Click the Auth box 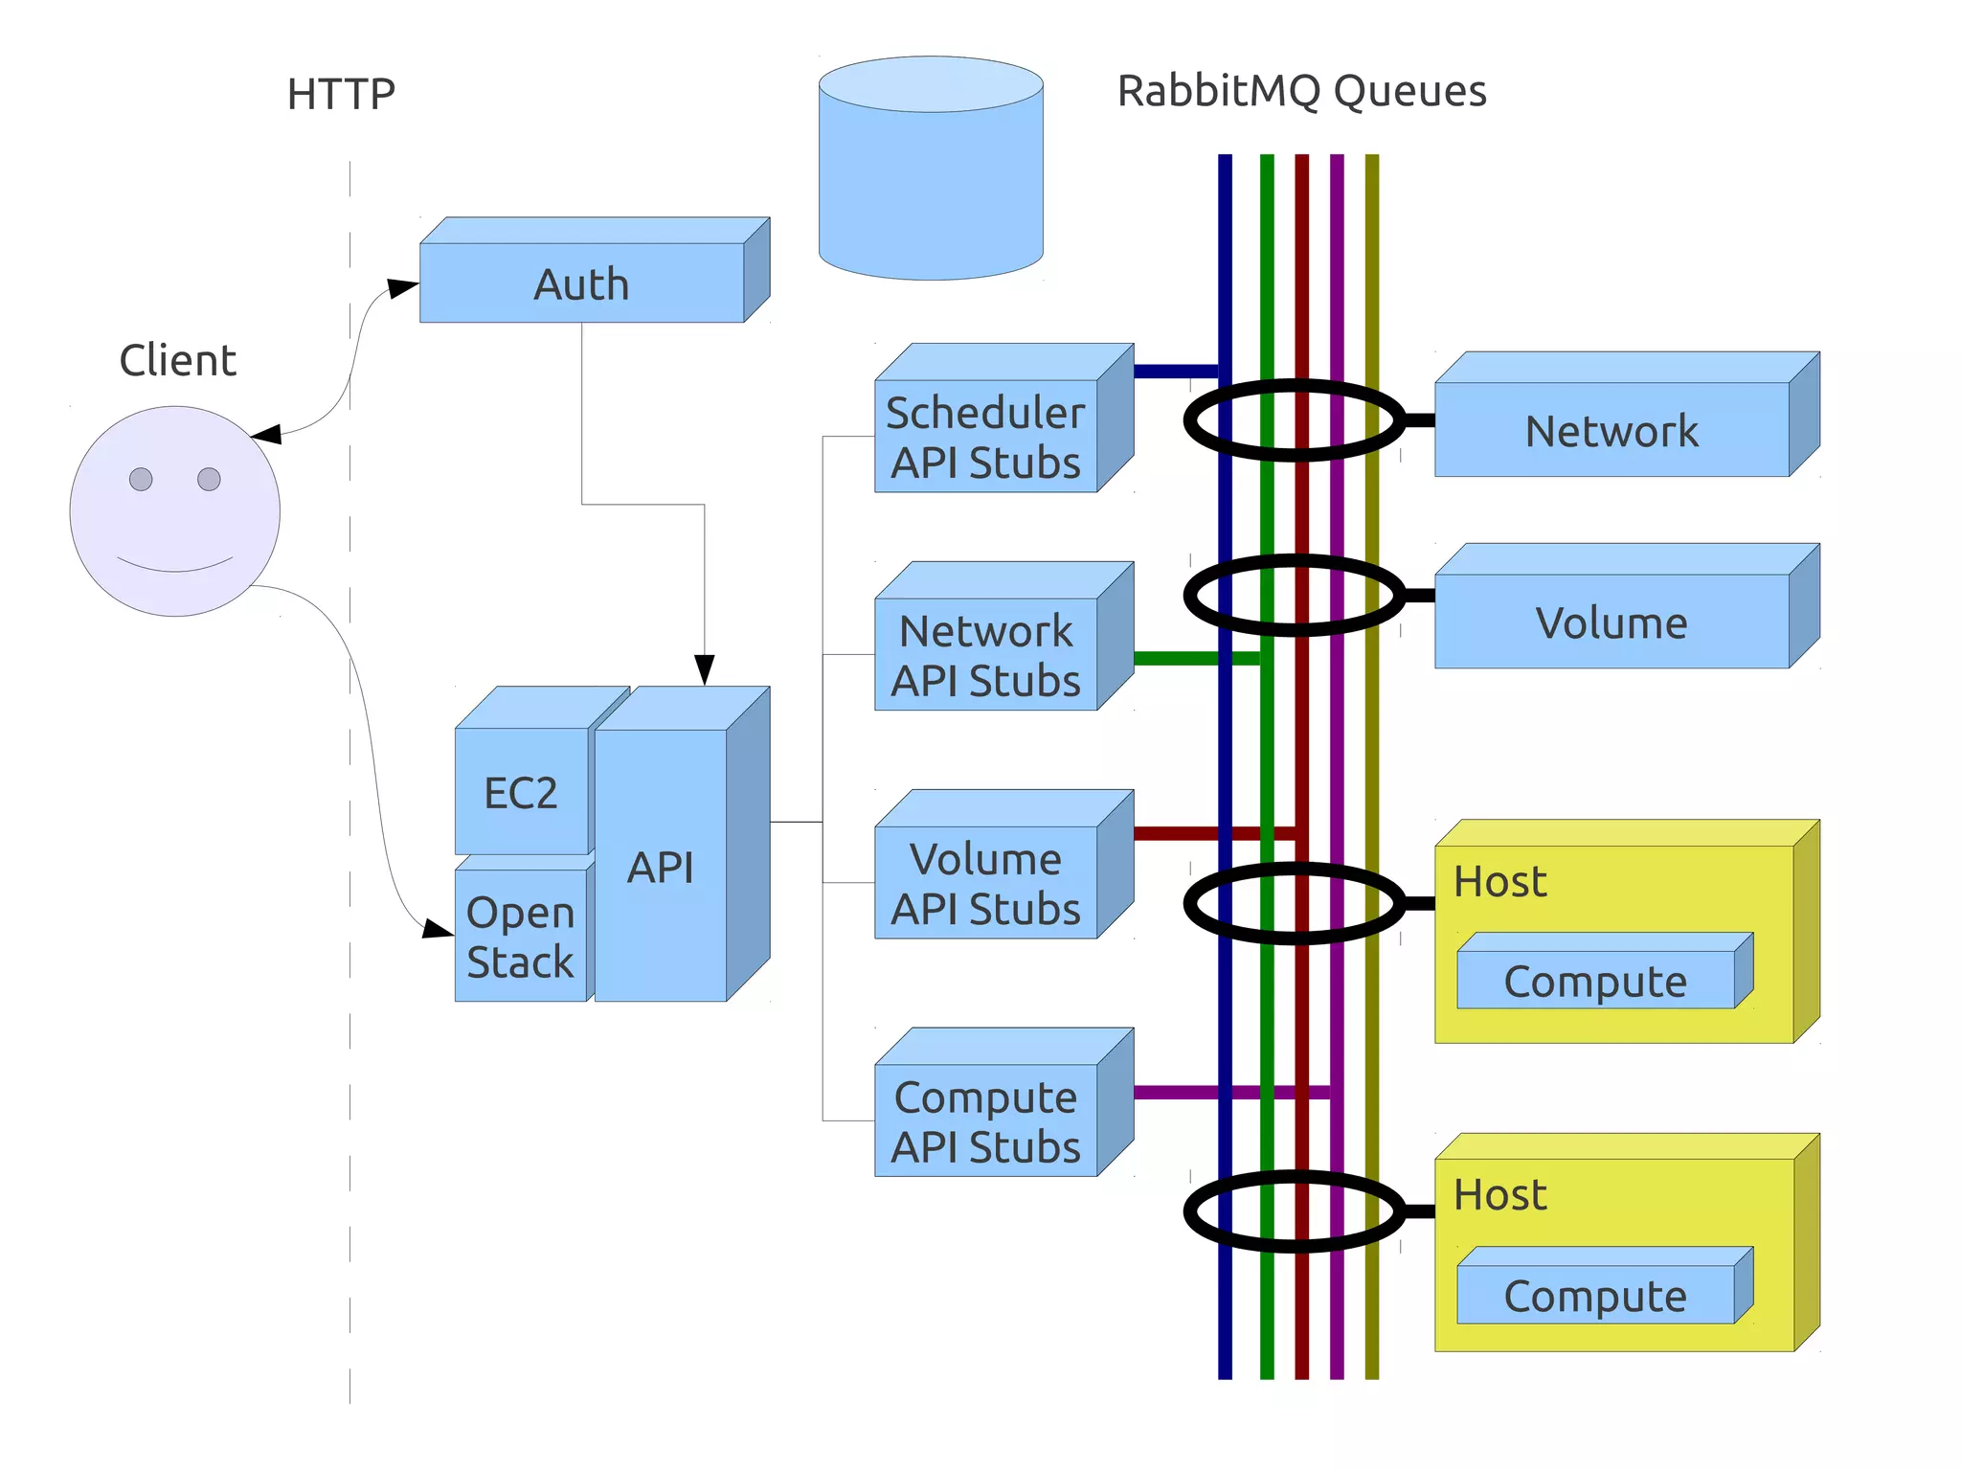click(581, 283)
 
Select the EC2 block click(521, 791)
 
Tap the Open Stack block click(520, 936)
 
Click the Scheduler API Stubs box click(985, 437)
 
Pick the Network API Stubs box click(985, 655)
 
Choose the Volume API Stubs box click(985, 883)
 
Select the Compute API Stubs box click(985, 1120)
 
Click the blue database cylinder click(931, 182)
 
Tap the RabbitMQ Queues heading click(1301, 92)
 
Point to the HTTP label click(341, 95)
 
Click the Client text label click(177, 361)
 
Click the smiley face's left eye click(141, 479)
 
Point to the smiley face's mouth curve click(174, 568)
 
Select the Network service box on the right click(1612, 430)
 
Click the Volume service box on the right click(1612, 622)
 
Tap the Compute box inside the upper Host click(1595, 981)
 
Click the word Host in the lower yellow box click(1499, 1195)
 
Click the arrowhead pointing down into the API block click(705, 669)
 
